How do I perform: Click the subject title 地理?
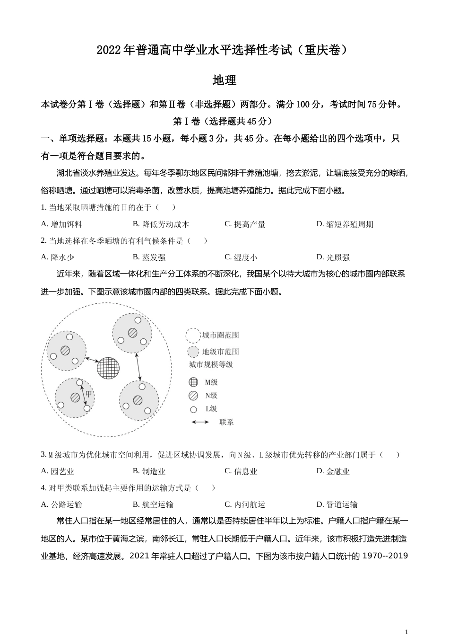click(x=224, y=80)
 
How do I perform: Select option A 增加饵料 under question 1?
click(x=61, y=224)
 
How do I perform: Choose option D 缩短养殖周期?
click(x=345, y=224)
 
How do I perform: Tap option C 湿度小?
click(x=241, y=257)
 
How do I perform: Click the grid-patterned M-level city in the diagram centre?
click(x=108, y=368)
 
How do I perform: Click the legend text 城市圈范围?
click(x=220, y=336)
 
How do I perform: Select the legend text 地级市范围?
click(x=220, y=352)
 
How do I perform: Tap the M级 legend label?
click(x=211, y=382)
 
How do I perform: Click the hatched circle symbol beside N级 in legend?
click(x=193, y=396)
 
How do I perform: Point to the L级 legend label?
click(x=211, y=409)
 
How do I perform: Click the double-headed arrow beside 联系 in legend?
click(x=200, y=422)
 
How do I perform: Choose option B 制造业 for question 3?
click(x=149, y=471)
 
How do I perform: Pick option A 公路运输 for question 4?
click(x=61, y=504)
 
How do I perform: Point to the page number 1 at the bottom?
click(x=406, y=632)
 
